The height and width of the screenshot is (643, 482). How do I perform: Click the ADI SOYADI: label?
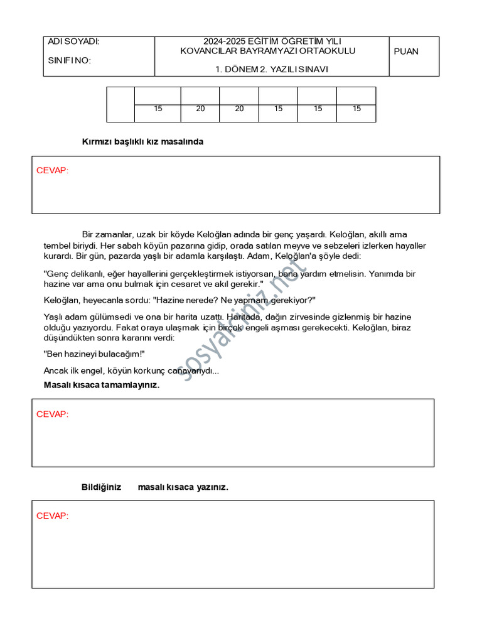73,41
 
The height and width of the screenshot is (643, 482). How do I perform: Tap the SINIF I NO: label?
69,60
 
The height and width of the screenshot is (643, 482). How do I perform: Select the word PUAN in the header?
406,51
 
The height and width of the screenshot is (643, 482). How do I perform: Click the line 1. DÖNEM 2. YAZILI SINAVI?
272,70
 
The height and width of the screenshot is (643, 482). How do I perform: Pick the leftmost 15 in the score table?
158,109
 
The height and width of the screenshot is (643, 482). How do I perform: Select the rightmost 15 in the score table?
356,109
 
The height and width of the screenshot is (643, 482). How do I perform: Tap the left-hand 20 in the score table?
200,109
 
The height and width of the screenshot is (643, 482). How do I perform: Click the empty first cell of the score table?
120,104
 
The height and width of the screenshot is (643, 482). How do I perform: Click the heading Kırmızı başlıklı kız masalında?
142,142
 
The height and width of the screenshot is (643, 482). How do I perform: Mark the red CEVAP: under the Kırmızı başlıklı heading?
52,170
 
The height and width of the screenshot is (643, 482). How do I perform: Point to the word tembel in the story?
58,245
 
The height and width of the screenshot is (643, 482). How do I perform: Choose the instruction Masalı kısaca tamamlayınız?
102,385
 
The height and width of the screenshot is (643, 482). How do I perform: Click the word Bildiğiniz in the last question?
101,487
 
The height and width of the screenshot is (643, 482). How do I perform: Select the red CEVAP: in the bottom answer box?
52,516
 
